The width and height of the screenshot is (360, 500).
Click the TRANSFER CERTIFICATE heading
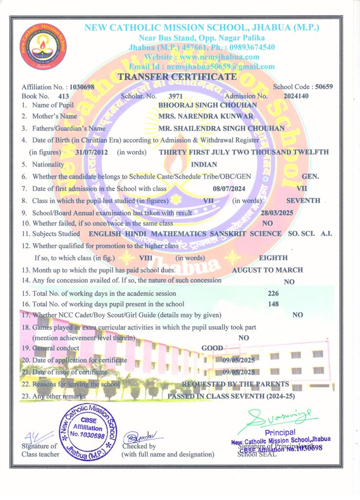(x=177, y=77)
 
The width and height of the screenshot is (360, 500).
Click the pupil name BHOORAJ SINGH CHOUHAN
(x=208, y=105)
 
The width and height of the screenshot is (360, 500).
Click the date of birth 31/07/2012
(x=93, y=152)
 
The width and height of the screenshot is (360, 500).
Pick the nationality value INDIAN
(x=204, y=165)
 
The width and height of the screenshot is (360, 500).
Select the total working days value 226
(x=274, y=293)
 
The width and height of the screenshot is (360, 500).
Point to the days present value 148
(x=274, y=304)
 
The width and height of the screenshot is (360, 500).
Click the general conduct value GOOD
(x=212, y=348)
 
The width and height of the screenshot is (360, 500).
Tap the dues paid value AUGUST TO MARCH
(x=267, y=270)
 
